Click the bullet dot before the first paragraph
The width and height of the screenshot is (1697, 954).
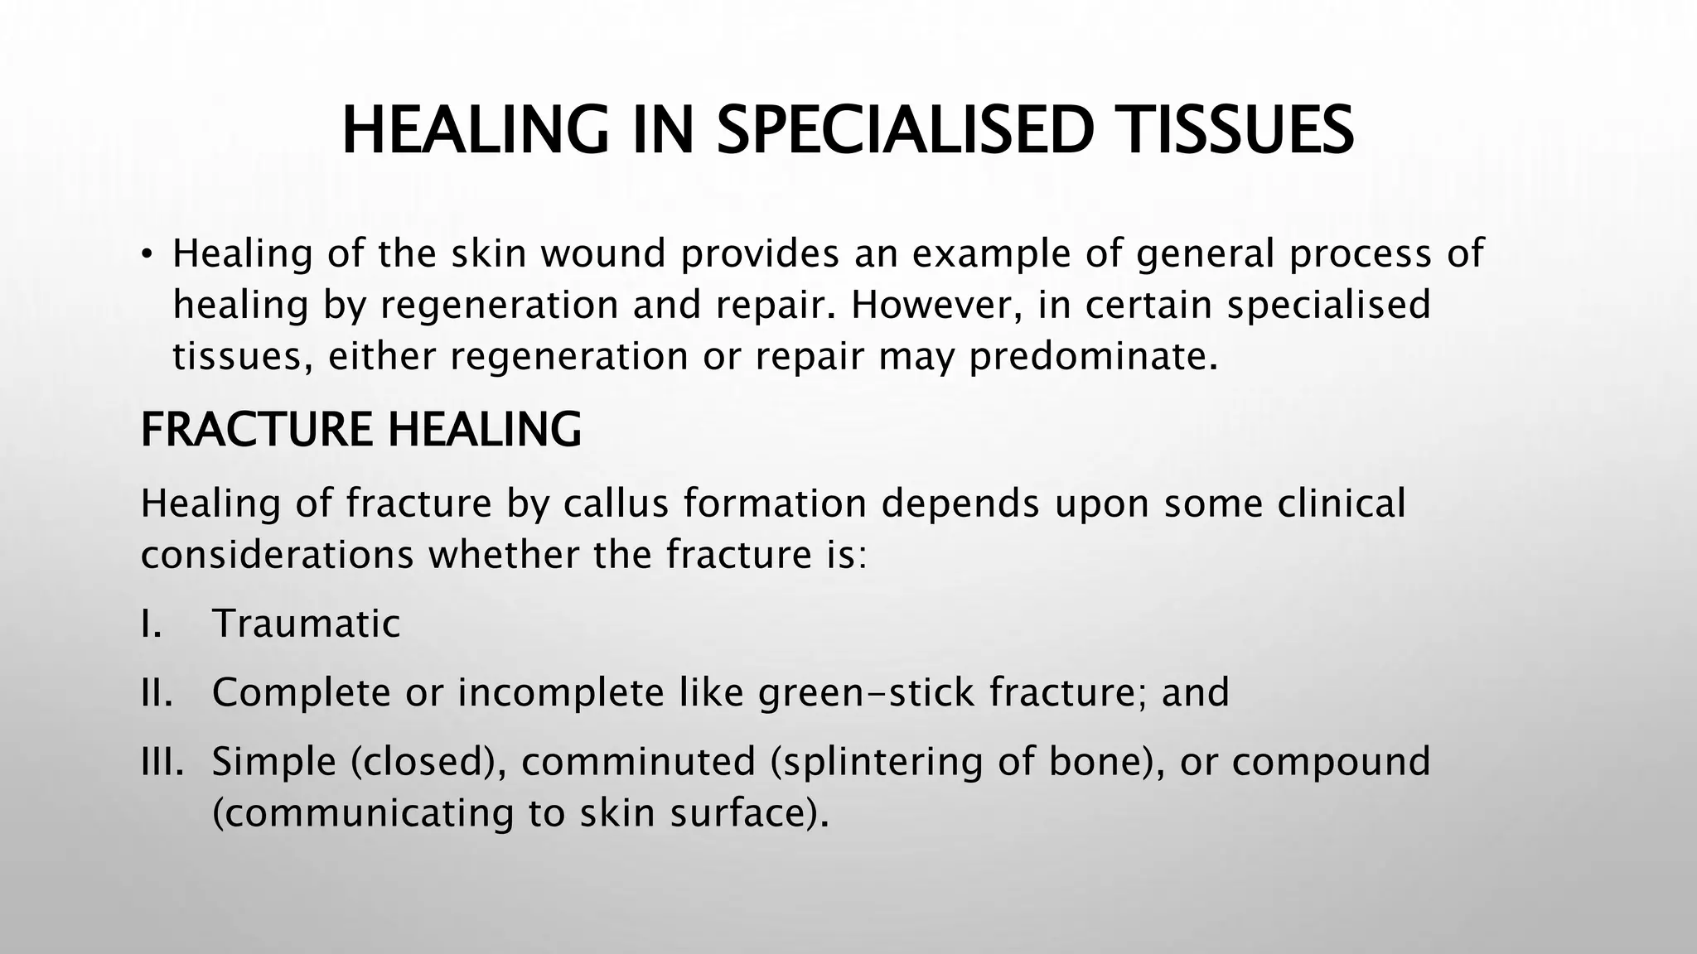click(x=147, y=253)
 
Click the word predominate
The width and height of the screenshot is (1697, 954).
click(x=1094, y=357)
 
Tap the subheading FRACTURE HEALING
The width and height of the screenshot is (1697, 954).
click(x=360, y=430)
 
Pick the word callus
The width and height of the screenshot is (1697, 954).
click(x=616, y=503)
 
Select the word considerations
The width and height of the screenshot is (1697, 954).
click(x=277, y=555)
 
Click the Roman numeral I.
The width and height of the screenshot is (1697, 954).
click(x=150, y=624)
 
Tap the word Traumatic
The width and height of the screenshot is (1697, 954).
click(x=306, y=624)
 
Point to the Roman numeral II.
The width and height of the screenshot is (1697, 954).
click(x=156, y=692)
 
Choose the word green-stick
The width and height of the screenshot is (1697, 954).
click(x=866, y=692)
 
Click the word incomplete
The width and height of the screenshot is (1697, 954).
click(x=561, y=692)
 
